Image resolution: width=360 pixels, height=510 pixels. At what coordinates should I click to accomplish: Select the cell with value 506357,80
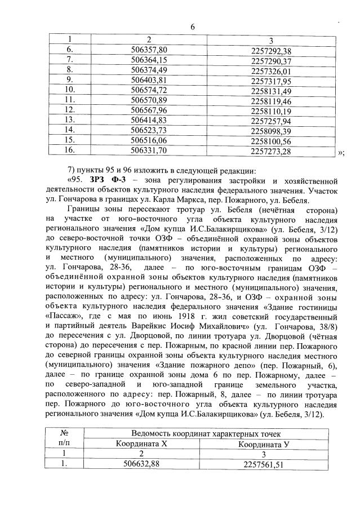pos(149,50)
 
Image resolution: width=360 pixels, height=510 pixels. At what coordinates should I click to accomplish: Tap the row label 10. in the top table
pos(70,89)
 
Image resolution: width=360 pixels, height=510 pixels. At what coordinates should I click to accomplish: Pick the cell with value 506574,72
pos(149,90)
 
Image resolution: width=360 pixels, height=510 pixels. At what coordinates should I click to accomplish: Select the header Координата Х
pos(149,444)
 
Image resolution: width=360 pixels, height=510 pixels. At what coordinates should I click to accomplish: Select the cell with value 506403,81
pos(149,79)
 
